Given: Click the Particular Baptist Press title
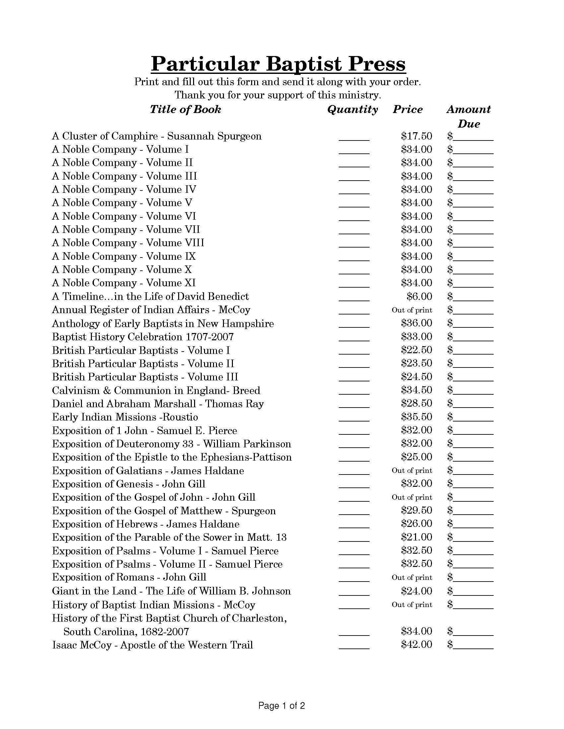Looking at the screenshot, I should pos(278,63).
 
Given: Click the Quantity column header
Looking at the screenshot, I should pos(352,109).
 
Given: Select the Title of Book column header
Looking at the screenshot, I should pos(185,109).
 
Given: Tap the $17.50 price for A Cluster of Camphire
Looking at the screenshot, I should pos(416,136).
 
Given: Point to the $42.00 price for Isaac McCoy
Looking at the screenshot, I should pos(416,644).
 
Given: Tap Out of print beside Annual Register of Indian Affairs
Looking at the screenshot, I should pos(412,310).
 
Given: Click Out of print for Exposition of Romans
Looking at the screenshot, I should pos(412,578).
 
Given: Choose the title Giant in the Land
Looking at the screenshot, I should pos(94,591).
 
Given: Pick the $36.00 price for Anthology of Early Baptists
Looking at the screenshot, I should pos(416,323).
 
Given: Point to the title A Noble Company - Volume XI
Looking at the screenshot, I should pos(124,283).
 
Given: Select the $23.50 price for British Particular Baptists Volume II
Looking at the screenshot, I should pos(416,363).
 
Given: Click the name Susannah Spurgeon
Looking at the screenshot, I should pos(214,136).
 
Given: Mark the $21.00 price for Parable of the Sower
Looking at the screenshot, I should pos(416,537).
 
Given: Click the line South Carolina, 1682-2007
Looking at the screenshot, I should pos(126,631).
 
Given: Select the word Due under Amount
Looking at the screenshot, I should pos(469,124).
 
